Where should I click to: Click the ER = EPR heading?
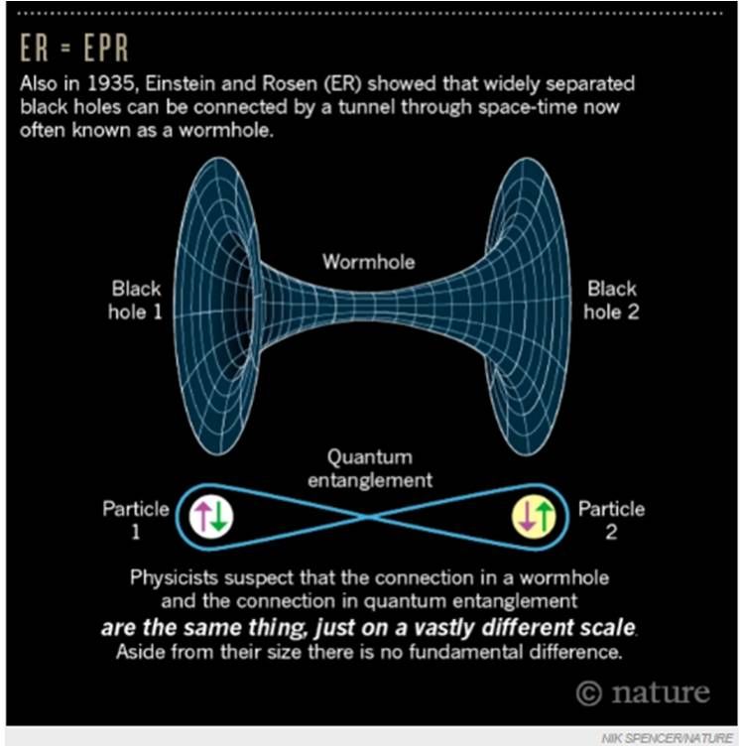[73, 48]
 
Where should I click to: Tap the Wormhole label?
[368, 262]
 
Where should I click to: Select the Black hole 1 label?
[135, 301]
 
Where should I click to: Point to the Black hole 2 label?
[611, 301]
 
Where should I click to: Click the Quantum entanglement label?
[370, 468]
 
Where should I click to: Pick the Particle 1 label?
[136, 520]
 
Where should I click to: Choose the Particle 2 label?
[611, 520]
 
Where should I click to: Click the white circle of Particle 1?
[211, 517]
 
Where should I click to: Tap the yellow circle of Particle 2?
[534, 518]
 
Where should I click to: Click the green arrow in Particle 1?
[218, 517]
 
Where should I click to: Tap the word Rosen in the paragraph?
[290, 84]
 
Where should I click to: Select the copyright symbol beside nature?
[588, 693]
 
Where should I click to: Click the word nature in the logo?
[661, 692]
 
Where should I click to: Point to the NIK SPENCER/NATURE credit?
[668, 738]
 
